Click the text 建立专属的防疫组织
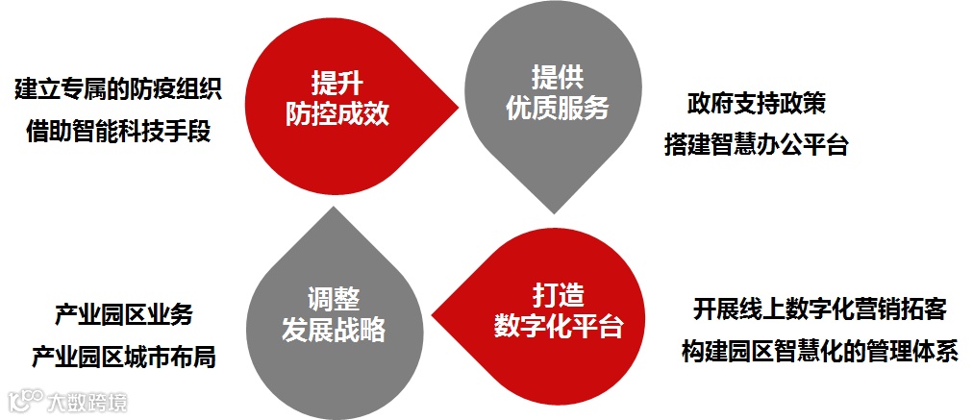point(118,90)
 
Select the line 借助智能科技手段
point(118,132)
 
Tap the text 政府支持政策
point(757,103)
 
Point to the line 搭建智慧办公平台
point(757,145)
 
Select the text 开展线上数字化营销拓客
point(819,309)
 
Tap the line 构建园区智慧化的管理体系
point(819,351)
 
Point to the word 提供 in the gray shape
point(558,76)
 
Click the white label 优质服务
point(558,108)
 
